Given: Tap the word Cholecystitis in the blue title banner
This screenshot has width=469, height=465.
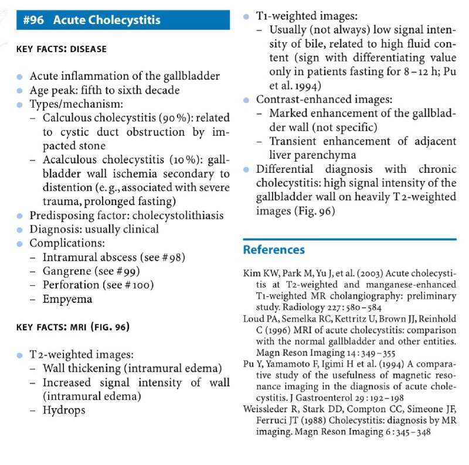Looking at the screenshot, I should (124, 20).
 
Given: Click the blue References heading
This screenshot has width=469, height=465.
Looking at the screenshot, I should (274, 250).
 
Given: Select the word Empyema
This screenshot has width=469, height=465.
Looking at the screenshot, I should (67, 299).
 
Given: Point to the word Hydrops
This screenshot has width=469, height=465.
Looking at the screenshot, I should (64, 409).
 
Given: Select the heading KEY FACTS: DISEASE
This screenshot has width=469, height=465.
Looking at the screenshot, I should (61, 49).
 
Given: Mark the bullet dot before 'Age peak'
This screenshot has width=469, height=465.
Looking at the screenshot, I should (20, 91).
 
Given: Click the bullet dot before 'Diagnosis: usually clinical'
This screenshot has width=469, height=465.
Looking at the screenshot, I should (20, 230).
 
